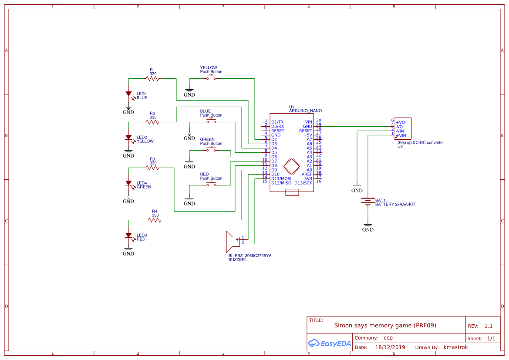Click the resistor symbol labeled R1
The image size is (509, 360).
click(152, 79)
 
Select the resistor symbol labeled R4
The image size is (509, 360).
click(155, 220)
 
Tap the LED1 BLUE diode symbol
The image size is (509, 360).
click(128, 94)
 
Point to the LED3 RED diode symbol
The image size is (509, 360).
click(128, 236)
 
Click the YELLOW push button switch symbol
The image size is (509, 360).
click(211, 78)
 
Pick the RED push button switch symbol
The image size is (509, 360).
click(211, 185)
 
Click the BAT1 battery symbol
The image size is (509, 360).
click(368, 202)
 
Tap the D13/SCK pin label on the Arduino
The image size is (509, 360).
click(303, 183)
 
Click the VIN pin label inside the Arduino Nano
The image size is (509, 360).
click(308, 122)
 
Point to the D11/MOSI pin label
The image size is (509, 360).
click(281, 178)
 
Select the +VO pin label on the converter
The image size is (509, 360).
click(400, 122)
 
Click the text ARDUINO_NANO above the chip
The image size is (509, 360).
click(305, 111)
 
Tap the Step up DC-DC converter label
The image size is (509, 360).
click(421, 142)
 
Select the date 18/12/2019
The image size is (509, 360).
click(390, 347)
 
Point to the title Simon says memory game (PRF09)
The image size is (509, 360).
click(385, 325)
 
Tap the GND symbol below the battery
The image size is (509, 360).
click(368, 228)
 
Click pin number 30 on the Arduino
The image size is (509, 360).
click(319, 121)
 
